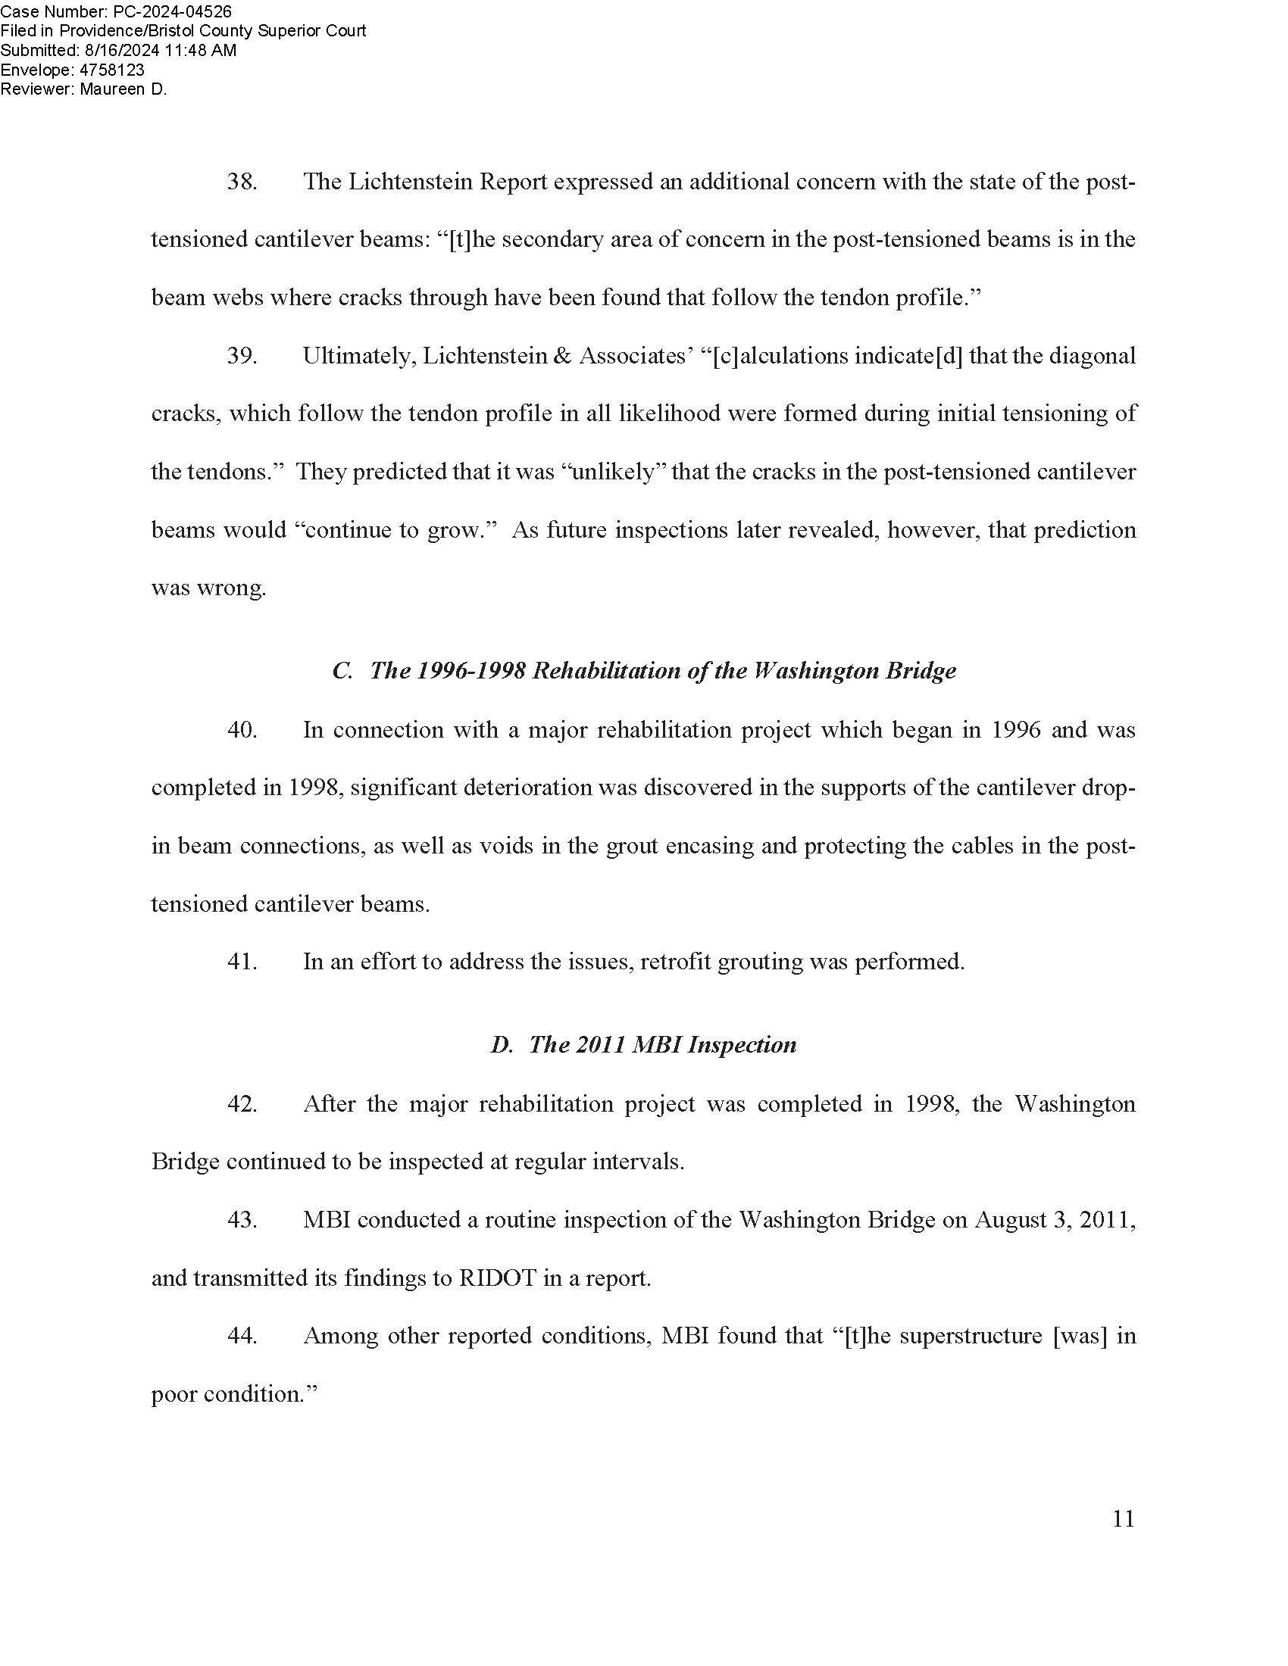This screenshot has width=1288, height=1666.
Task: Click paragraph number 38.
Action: pyautogui.click(x=242, y=183)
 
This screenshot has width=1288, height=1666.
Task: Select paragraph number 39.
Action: pyautogui.click(x=242, y=356)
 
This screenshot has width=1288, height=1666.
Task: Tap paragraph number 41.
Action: pyautogui.click(x=242, y=962)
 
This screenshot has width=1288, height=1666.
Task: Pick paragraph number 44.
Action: pyautogui.click(x=242, y=1336)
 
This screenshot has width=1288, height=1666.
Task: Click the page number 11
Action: pyautogui.click(x=1123, y=1519)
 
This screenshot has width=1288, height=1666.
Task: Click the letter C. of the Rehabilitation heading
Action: pyautogui.click(x=342, y=671)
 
